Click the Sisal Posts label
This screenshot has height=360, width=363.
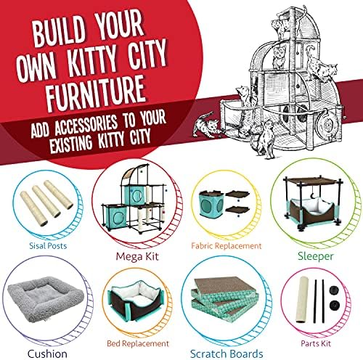coord(48,246)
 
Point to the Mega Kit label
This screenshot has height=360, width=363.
coord(137,256)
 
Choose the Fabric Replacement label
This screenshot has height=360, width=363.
coord(227,246)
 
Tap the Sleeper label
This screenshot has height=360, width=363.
coord(316,256)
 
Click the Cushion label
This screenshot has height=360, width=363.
coord(47,354)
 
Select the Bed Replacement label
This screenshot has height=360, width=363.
coord(138,343)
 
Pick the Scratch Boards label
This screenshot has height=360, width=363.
coord(227,354)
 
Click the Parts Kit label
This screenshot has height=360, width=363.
coord(316,343)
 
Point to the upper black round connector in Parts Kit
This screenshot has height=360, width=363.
coord(334,290)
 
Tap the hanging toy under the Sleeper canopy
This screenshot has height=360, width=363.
coord(314,193)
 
